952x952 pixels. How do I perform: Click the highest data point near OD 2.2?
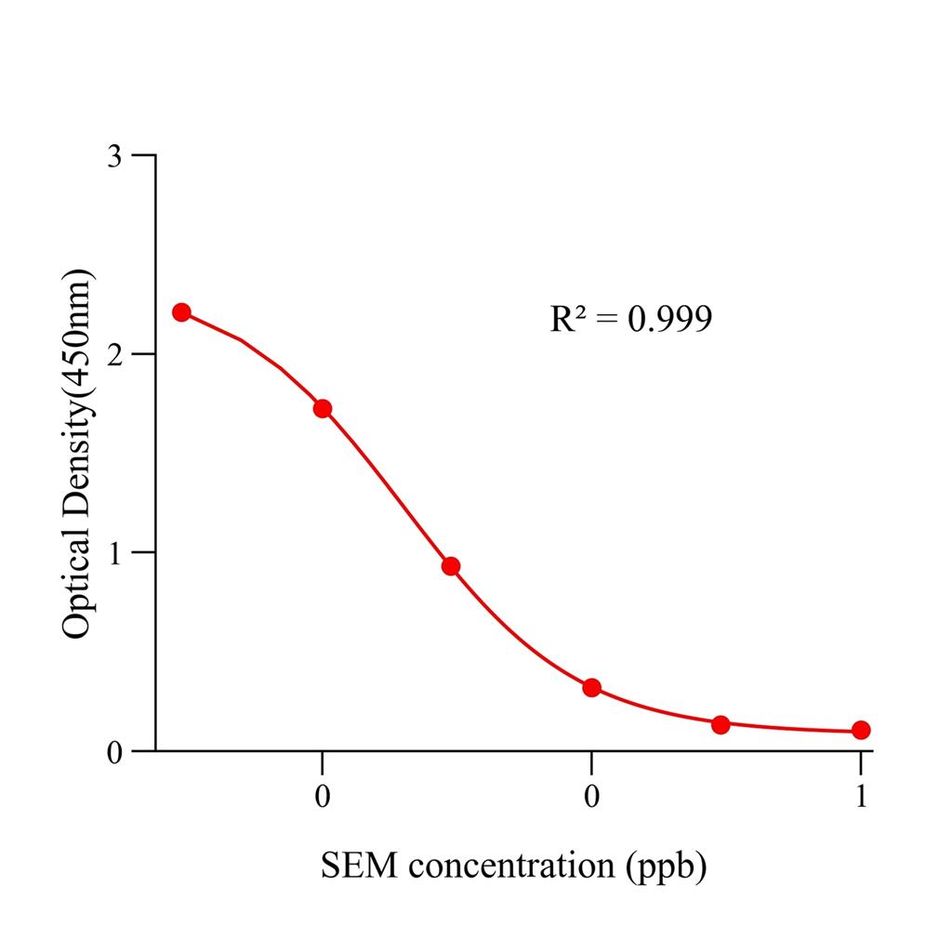pyautogui.click(x=181, y=312)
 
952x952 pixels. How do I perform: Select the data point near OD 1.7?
pyautogui.click(x=323, y=408)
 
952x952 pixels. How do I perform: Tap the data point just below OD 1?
pyautogui.click(x=451, y=566)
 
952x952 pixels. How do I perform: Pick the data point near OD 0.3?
pyautogui.click(x=591, y=688)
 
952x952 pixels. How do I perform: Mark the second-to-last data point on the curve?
pyautogui.click(x=721, y=724)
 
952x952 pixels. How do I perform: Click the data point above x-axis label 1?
pyautogui.click(x=861, y=730)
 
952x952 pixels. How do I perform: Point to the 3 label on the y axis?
pyautogui.click(x=114, y=155)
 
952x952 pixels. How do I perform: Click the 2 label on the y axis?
pyautogui.click(x=114, y=354)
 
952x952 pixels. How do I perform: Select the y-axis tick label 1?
pyautogui.click(x=114, y=553)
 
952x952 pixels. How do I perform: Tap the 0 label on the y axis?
pyautogui.click(x=114, y=751)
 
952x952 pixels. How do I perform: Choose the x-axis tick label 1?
pyautogui.click(x=861, y=797)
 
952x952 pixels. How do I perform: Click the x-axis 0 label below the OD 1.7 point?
pyautogui.click(x=323, y=797)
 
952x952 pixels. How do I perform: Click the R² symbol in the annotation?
pyautogui.click(x=567, y=319)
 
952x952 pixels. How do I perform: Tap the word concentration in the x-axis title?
pyautogui.click(x=509, y=866)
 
